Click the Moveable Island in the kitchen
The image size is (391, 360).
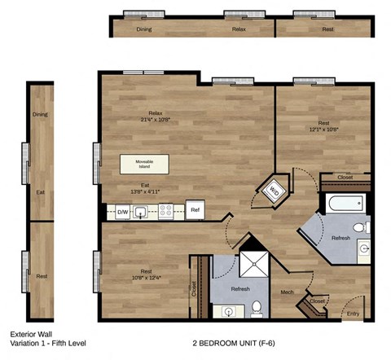click(147, 164)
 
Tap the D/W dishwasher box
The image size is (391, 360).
click(122, 212)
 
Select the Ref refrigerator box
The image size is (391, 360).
click(195, 209)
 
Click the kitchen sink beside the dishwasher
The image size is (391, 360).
click(142, 213)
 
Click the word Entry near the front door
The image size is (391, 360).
click(353, 314)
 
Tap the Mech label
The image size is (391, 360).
click(287, 291)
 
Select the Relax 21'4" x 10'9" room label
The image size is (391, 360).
click(156, 117)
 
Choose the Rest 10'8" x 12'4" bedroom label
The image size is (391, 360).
click(147, 275)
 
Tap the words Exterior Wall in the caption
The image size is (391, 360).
click(30, 334)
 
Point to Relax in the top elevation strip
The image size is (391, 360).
click(239, 29)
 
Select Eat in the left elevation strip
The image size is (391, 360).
click(40, 193)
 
